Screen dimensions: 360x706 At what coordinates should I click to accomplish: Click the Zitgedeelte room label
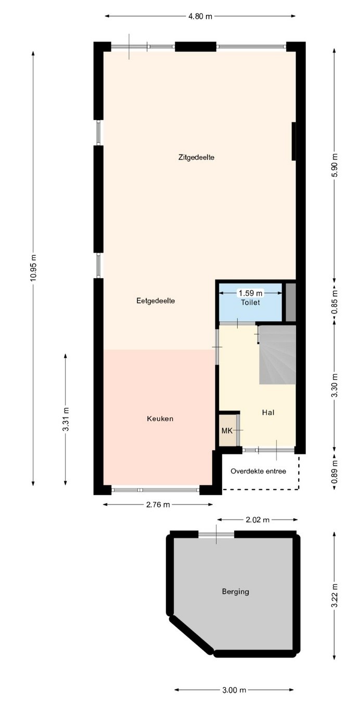(x=196, y=157)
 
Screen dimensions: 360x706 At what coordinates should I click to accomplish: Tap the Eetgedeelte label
(x=156, y=300)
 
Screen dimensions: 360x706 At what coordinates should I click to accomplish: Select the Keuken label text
(x=160, y=419)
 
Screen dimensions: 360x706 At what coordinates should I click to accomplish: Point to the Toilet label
(x=250, y=303)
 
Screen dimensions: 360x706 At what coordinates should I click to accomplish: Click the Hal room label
(x=268, y=412)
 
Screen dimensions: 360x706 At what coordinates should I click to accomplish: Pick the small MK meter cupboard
(x=228, y=430)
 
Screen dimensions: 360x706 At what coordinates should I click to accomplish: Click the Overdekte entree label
(x=258, y=471)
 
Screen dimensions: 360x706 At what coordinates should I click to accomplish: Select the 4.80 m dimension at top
(x=200, y=17)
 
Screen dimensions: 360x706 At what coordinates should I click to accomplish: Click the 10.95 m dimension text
(x=34, y=267)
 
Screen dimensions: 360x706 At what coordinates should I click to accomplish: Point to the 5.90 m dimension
(x=335, y=165)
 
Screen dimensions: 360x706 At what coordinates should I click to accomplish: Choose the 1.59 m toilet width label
(x=251, y=293)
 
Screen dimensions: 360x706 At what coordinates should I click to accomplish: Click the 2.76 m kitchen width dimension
(x=158, y=505)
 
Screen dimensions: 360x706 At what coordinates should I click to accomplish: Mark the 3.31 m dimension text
(x=66, y=419)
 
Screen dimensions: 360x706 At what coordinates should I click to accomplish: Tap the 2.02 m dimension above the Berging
(x=258, y=520)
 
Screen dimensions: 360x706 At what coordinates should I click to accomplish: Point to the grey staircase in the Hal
(x=278, y=355)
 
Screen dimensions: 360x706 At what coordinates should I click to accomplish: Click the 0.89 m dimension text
(x=335, y=471)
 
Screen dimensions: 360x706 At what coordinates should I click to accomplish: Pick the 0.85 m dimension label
(x=335, y=302)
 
